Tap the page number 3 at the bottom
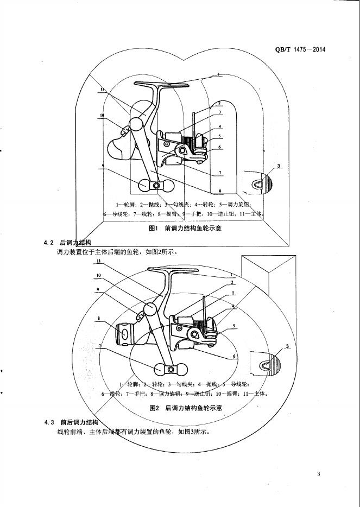(319, 475)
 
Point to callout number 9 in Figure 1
(102, 166)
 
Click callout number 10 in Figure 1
(102, 115)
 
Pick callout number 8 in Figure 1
(220, 191)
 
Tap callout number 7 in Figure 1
(220, 173)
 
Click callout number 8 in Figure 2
(99, 319)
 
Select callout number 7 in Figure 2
(100, 345)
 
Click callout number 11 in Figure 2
(99, 261)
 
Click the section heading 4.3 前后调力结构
(73, 422)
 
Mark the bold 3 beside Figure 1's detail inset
(279, 166)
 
